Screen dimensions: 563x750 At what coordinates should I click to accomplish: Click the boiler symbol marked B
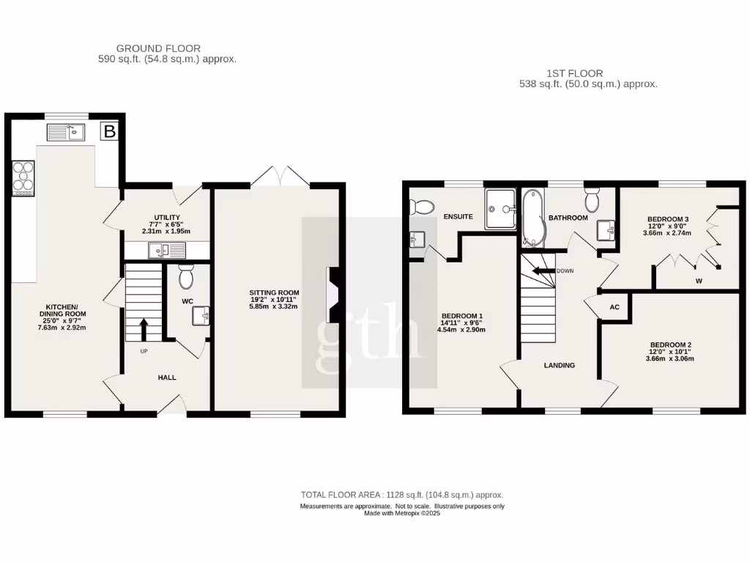[110, 132]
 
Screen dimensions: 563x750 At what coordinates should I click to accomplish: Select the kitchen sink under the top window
[67, 132]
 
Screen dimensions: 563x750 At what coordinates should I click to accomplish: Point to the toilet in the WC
[186, 276]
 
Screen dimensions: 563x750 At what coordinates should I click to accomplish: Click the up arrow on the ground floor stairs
[144, 330]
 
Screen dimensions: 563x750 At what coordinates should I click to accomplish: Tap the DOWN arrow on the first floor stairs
[542, 271]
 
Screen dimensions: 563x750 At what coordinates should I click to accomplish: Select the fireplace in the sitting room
[333, 295]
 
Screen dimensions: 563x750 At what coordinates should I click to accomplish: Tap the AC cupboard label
[615, 307]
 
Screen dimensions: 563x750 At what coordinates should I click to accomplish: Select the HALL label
[167, 378]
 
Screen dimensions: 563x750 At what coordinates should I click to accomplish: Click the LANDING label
[559, 365]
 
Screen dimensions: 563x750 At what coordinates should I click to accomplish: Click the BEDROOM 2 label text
[670, 345]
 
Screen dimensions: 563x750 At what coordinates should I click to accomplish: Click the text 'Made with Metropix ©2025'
[402, 513]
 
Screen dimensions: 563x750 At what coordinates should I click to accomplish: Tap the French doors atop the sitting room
[280, 176]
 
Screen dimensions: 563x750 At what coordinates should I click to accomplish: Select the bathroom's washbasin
[606, 229]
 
